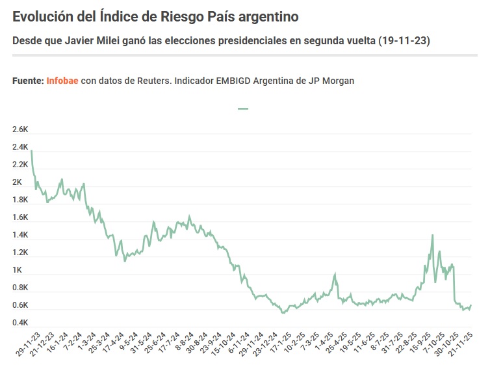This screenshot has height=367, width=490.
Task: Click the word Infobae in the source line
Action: tap(62, 81)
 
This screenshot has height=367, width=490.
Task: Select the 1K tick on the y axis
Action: tap(17, 270)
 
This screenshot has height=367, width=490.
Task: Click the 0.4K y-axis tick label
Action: tap(20, 323)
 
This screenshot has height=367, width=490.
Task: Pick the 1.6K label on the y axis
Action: tap(20, 217)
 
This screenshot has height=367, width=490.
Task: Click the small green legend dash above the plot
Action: tap(244, 109)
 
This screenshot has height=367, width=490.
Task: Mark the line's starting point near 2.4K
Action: tap(31, 151)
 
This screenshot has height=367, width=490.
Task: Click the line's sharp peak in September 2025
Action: tap(432, 236)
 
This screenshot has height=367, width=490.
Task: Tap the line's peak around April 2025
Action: tap(335, 274)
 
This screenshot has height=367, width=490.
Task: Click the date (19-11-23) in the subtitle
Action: tap(406, 41)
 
